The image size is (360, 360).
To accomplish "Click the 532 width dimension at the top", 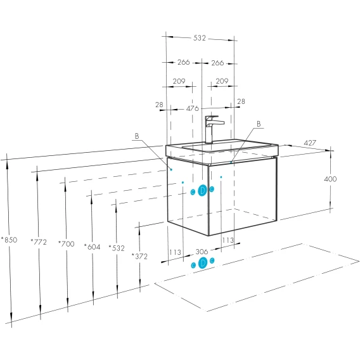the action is point(199,38).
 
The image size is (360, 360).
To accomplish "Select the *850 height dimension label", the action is point(9,240).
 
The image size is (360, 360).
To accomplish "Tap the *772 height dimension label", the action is point(39,242).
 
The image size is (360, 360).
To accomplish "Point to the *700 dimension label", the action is point(67,244).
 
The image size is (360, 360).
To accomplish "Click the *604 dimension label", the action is point(92,247).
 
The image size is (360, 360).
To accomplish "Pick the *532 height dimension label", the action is point(117,248).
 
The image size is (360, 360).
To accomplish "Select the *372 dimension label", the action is point(139,257).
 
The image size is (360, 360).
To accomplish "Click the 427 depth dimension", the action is point(310,143).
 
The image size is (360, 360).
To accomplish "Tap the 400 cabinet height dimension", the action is point(330,179).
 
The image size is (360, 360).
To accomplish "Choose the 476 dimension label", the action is point(193,108).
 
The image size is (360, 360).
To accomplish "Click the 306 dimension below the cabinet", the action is point(202,252).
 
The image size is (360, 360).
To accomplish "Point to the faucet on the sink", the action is point(212,130).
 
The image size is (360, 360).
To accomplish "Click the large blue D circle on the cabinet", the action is point(202,190).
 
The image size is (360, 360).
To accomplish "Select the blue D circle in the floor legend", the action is point(203,263).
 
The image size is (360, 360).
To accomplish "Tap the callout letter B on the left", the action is point(137,136).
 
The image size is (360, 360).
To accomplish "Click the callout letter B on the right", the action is point(259,124).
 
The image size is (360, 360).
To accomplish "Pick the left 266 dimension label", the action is point(184,62).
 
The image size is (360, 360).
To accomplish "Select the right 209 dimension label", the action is point(222,81).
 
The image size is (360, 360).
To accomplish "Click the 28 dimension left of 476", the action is point(159,105).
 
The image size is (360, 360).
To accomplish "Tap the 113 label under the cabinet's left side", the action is point(175,252).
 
